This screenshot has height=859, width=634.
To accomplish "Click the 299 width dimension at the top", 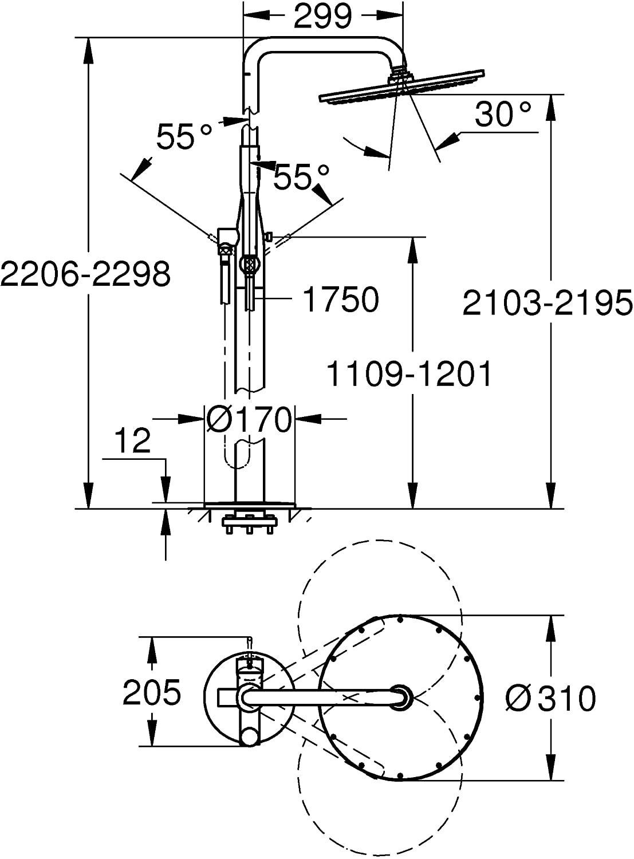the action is tap(322, 16).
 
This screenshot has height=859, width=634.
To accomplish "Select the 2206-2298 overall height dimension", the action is tap(85, 274).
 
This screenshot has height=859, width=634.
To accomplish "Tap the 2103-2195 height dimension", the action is tap(548, 304).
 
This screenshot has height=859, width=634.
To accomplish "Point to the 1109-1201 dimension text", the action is tap(409, 374).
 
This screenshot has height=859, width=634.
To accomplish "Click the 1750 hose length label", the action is tap(340, 300).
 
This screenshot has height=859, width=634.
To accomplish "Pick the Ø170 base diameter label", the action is tap(248, 419).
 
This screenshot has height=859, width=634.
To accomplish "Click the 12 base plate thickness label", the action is tap(132, 440).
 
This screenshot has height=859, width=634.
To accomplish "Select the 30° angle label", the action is tap(502, 115).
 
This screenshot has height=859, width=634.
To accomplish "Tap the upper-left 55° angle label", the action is tap(184, 136).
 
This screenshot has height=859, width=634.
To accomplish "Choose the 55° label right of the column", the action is tap(302, 176).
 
